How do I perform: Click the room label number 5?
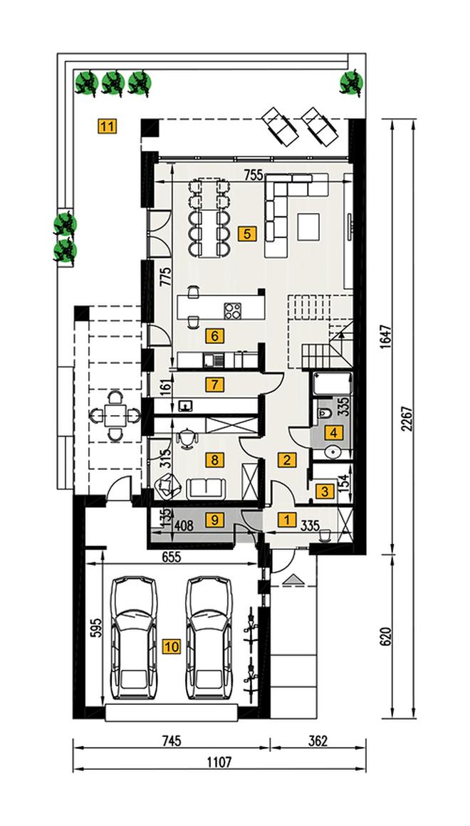pyautogui.click(x=246, y=234)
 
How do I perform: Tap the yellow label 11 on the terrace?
pyautogui.click(x=107, y=127)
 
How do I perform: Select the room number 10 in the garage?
pyautogui.click(x=172, y=647)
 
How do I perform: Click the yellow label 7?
pyautogui.click(x=214, y=385)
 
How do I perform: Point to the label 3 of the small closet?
pyautogui.click(x=325, y=492)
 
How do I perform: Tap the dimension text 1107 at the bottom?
pyautogui.click(x=219, y=763)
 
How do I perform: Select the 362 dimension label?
pyautogui.click(x=318, y=741)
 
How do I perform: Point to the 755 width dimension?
pyautogui.click(x=254, y=176)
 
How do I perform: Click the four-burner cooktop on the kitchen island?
pyautogui.click(x=233, y=310)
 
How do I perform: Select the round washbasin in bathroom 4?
pyautogui.click(x=332, y=452)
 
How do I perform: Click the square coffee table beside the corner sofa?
pyautogui.click(x=308, y=227)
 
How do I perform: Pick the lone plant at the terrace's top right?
pyautogui.click(x=352, y=82)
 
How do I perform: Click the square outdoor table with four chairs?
pyautogui.click(x=115, y=415)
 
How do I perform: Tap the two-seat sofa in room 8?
pyautogui.click(x=206, y=488)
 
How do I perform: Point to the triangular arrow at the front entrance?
pyautogui.click(x=293, y=580)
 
